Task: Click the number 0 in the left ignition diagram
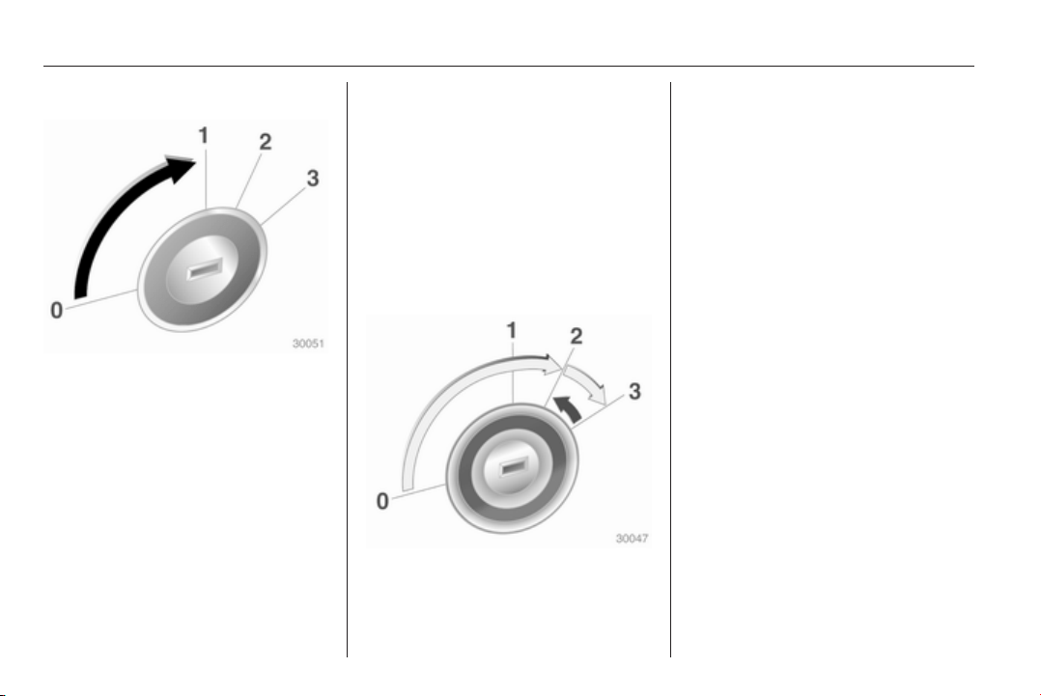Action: (x=57, y=310)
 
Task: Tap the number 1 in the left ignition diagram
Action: (x=204, y=135)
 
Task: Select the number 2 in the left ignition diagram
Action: (x=265, y=141)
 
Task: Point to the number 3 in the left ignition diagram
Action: (x=313, y=178)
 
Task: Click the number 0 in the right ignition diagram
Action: (x=382, y=501)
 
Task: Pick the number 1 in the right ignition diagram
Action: (x=512, y=330)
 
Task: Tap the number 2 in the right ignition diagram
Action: (x=577, y=336)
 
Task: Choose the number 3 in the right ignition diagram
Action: (x=634, y=392)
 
